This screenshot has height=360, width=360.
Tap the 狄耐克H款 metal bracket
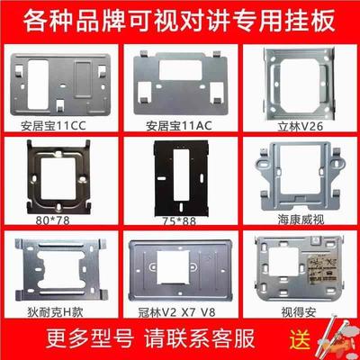coord(57,268)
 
